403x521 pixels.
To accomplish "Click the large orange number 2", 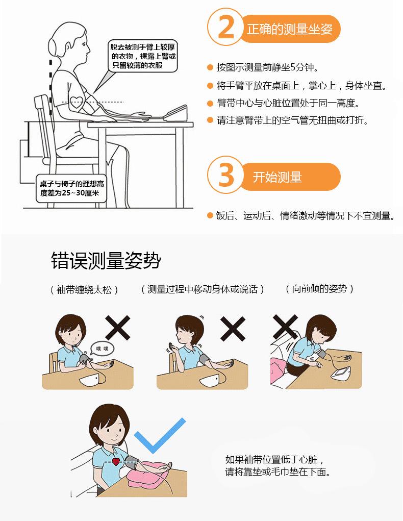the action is pyautogui.click(x=226, y=27).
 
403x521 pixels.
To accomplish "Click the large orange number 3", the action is pyautogui.click(x=226, y=175).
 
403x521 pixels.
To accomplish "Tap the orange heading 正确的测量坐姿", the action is pyautogui.click(x=289, y=29).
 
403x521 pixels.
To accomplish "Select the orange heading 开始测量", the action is pyautogui.click(x=278, y=177).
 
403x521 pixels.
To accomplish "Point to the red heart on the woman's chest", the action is pyautogui.click(x=116, y=461).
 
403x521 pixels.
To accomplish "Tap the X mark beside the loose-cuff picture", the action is pyautogui.click(x=118, y=328).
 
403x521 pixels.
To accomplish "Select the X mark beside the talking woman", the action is pyautogui.click(x=233, y=328).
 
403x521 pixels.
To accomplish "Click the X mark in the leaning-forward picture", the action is pyautogui.click(x=285, y=327).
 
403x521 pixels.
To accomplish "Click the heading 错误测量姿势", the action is pyautogui.click(x=106, y=260).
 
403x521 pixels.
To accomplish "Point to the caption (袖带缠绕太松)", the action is pyautogui.click(x=84, y=290).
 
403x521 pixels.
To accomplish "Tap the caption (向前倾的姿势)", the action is pyautogui.click(x=319, y=288).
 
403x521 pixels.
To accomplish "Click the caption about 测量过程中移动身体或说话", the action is pyautogui.click(x=203, y=289).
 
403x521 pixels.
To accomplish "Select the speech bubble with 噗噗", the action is pyautogui.click(x=103, y=349).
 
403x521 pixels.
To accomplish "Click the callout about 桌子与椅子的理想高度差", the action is pyautogui.click(x=71, y=188).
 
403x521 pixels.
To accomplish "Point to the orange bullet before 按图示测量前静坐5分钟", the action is pyautogui.click(x=210, y=67).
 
